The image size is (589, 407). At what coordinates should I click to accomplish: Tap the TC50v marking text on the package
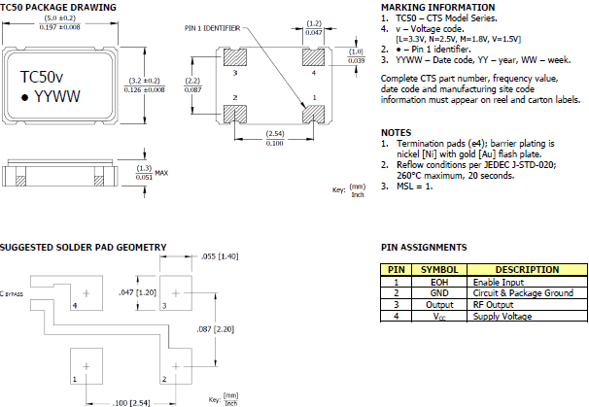pyautogui.click(x=44, y=76)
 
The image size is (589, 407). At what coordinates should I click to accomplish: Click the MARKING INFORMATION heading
pyautogui.click(x=435, y=7)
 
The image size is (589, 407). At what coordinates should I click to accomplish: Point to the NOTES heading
pyautogui.click(x=397, y=132)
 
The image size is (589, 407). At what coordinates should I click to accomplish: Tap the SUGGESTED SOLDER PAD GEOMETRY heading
pyautogui.click(x=83, y=247)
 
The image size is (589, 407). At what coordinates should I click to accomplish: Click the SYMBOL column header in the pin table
pyautogui.click(x=439, y=269)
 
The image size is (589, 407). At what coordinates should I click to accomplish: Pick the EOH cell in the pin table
pyautogui.click(x=439, y=281)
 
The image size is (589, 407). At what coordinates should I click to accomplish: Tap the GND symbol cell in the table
pyautogui.click(x=439, y=292)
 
